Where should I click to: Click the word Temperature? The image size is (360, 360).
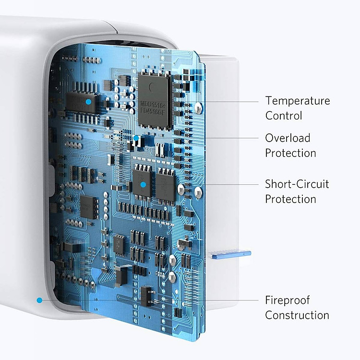(x=298, y=101)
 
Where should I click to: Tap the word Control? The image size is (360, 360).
(x=284, y=116)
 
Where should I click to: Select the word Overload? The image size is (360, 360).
(x=288, y=138)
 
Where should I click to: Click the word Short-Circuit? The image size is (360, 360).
(x=297, y=184)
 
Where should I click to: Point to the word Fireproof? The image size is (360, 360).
(x=288, y=300)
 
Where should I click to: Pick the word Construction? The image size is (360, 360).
(x=297, y=315)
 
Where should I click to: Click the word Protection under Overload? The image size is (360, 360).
(x=290, y=153)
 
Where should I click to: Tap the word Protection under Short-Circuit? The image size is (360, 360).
(x=290, y=199)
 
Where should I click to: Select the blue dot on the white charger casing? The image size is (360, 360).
(x=39, y=300)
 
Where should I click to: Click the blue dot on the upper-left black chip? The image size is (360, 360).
(x=88, y=101)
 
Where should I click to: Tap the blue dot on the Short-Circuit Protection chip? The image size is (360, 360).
(x=143, y=184)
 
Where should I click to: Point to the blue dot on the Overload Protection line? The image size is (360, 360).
(x=136, y=138)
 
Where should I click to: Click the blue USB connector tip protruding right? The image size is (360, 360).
(x=230, y=254)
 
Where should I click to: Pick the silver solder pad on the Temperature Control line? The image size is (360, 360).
(x=198, y=108)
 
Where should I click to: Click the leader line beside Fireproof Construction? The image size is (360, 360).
(x=232, y=300)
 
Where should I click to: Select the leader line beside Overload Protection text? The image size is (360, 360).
(x=232, y=138)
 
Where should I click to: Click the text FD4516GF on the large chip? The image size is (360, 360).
(x=153, y=111)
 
